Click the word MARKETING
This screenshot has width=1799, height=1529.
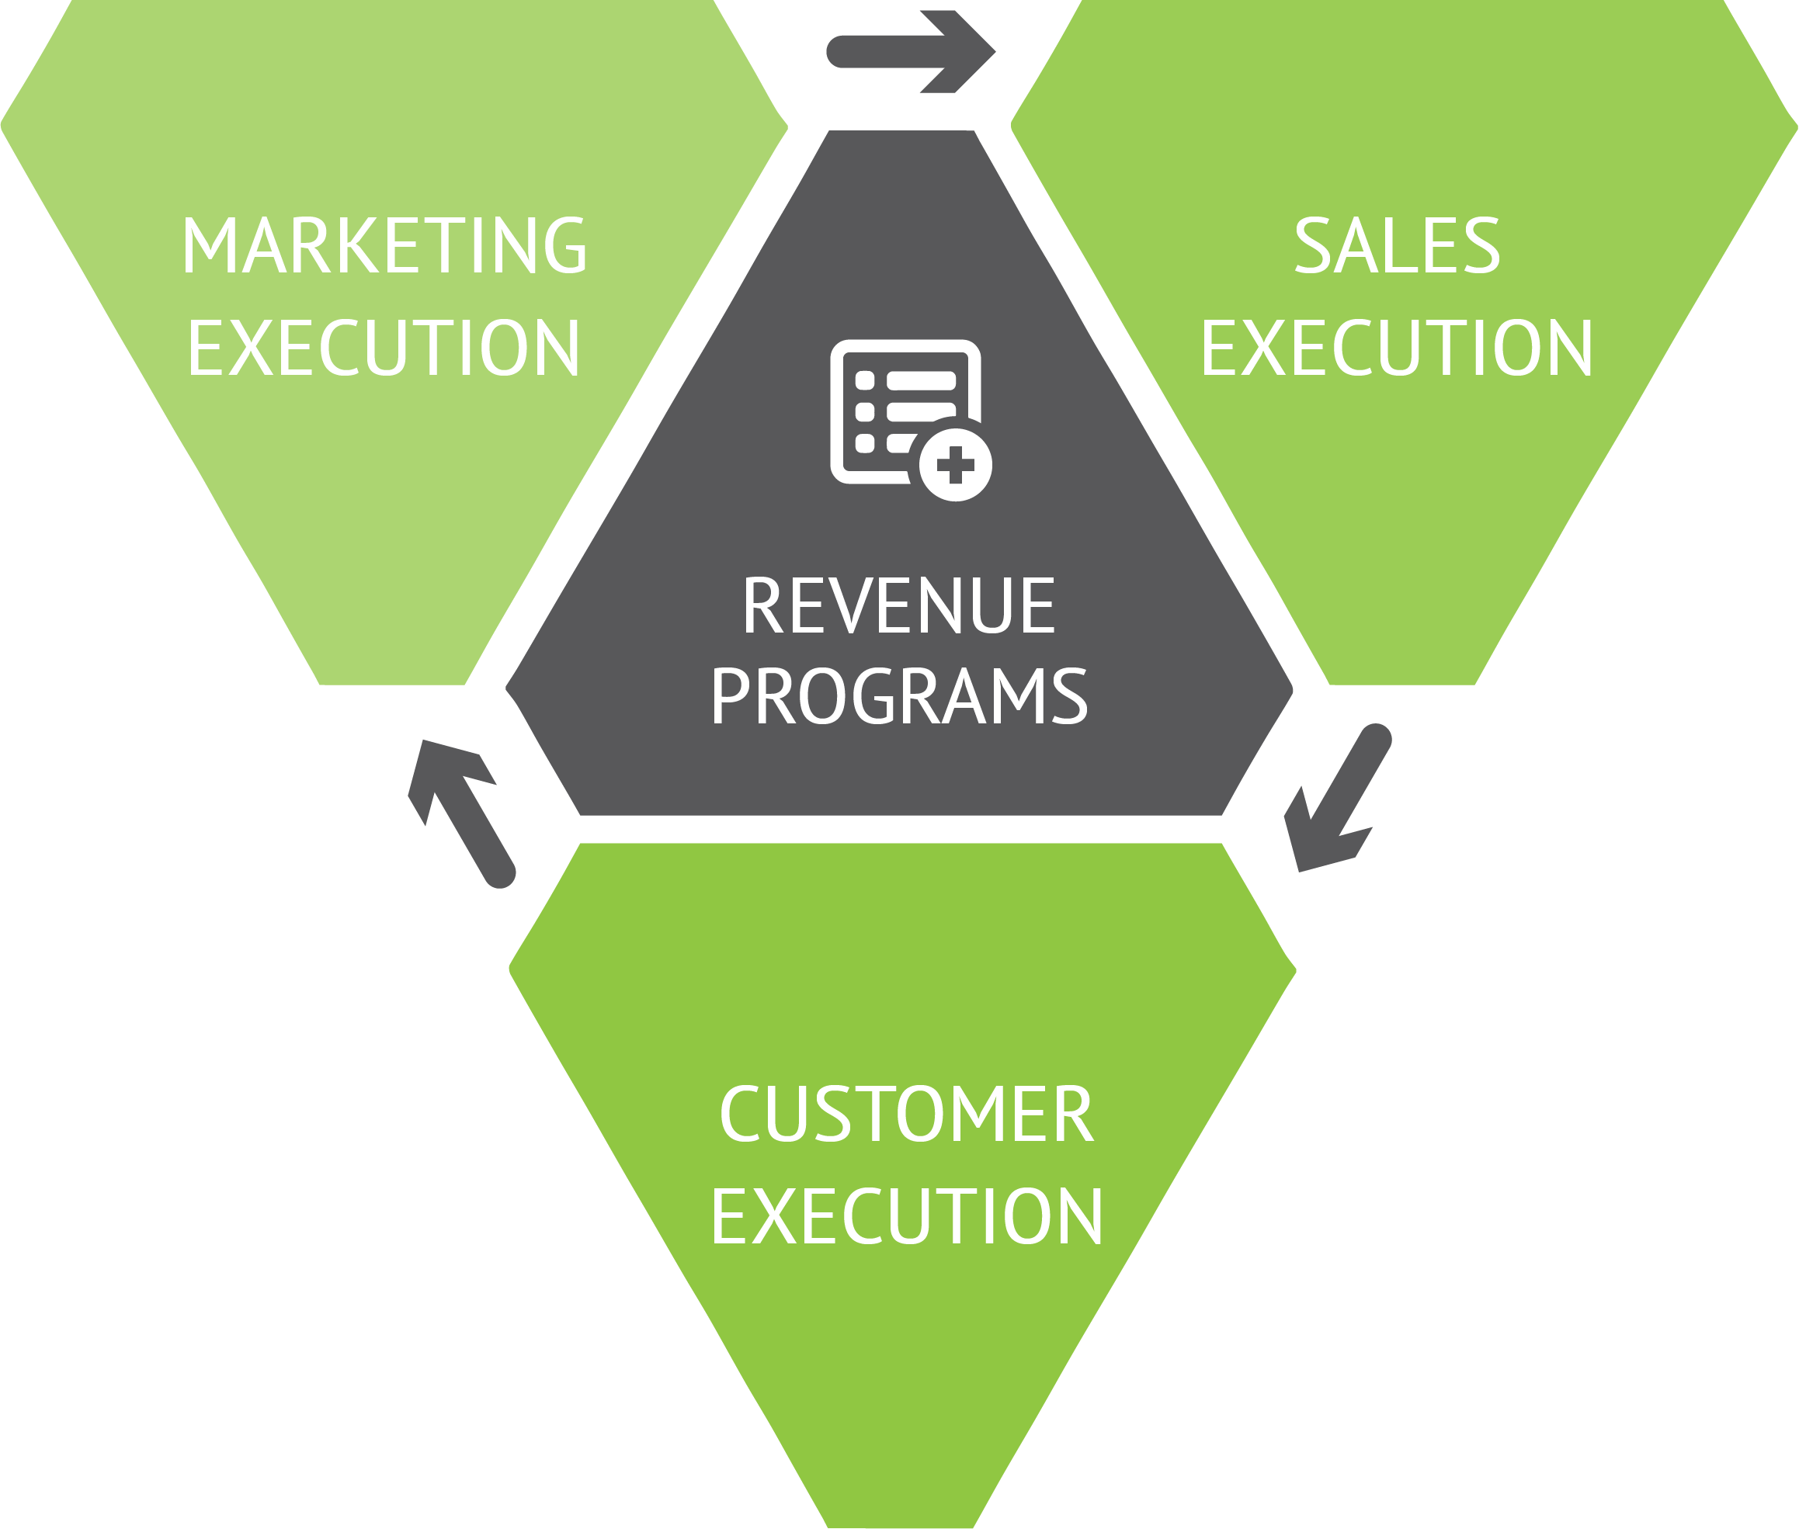(x=384, y=245)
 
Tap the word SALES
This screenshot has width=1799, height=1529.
(x=1397, y=245)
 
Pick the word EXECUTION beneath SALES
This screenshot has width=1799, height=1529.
(x=1396, y=348)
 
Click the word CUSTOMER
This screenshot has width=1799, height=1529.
(x=907, y=1114)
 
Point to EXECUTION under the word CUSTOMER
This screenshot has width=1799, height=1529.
(x=906, y=1216)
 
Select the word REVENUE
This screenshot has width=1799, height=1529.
(x=899, y=605)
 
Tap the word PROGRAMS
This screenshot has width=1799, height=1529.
(x=899, y=696)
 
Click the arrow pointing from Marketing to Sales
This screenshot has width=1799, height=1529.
(x=910, y=51)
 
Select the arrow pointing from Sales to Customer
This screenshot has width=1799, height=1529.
(x=1337, y=801)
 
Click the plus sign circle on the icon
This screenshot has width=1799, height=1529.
(x=956, y=465)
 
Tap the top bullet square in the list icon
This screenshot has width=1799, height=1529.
(x=864, y=380)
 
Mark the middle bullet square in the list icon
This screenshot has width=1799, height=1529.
(x=864, y=411)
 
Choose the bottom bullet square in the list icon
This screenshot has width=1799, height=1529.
(x=864, y=444)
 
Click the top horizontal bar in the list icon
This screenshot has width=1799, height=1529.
(x=921, y=380)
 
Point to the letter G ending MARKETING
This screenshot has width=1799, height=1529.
(x=565, y=245)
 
